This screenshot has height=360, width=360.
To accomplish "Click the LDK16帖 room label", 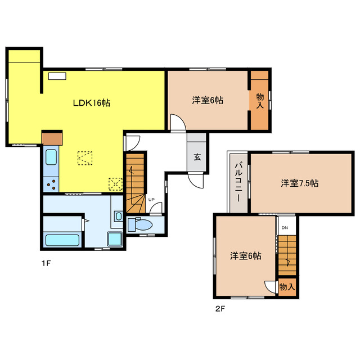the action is point(92,102).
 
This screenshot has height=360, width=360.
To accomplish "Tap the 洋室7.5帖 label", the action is point(300,183).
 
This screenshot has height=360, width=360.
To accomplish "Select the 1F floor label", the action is point(46,263).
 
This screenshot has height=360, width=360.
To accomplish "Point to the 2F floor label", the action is point(220,309).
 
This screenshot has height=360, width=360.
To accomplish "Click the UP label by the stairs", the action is point(151,200).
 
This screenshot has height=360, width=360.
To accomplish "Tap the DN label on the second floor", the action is point(285,228).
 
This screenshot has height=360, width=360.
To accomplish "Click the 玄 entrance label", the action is point(197,157).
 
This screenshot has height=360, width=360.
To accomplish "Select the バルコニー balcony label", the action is point(238,182).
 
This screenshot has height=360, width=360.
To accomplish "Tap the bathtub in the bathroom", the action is point(62,240).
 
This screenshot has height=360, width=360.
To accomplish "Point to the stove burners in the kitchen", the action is point(52,184).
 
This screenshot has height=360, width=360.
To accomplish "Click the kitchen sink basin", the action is point(51,157).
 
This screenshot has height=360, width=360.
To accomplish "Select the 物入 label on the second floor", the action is point(287,287).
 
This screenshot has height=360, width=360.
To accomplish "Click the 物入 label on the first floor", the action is point(260,101).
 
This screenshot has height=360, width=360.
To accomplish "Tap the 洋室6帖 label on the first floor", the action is point(208,100).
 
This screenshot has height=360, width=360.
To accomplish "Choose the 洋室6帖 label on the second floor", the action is point(246,255).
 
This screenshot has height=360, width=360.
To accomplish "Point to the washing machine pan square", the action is point(115,238).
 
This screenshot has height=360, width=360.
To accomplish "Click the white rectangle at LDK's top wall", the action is point(57,76).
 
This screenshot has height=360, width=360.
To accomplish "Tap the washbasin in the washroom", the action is point(119,216).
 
